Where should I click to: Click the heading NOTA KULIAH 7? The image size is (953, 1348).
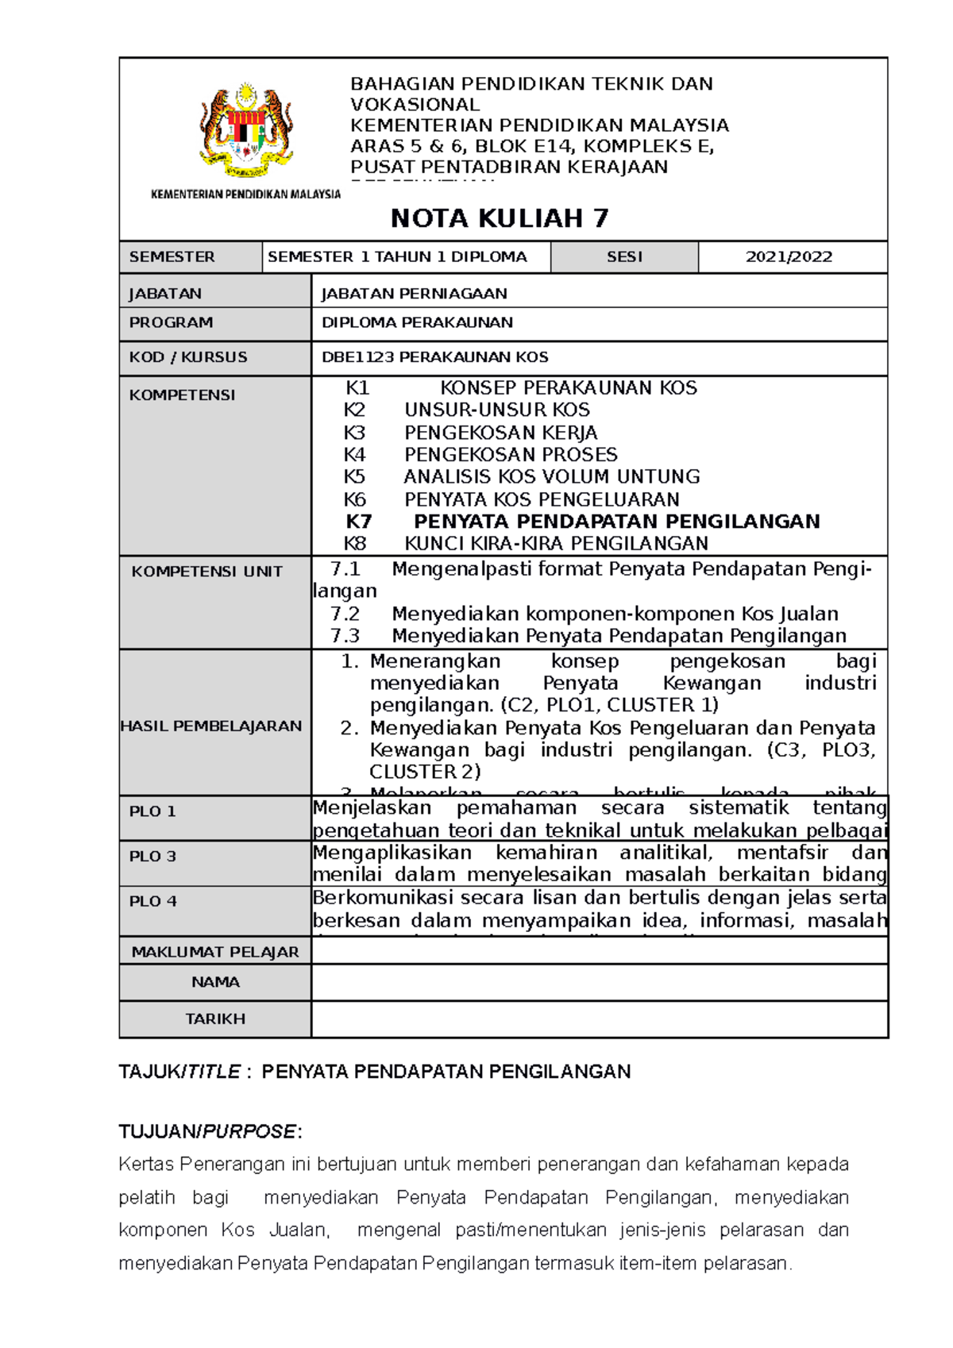[500, 218]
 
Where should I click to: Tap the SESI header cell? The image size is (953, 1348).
[624, 257]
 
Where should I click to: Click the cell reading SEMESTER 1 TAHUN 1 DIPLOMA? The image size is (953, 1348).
[397, 257]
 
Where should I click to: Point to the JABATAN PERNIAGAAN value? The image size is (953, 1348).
[414, 294]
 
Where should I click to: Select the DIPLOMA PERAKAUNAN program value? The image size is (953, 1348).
[417, 323]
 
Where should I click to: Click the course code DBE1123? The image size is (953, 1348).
[357, 357]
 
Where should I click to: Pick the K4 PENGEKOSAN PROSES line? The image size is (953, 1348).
[480, 455]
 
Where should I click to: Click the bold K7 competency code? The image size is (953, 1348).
[359, 522]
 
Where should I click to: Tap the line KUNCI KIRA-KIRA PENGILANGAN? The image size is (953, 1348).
[556, 544]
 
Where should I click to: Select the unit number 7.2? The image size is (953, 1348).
[345, 614]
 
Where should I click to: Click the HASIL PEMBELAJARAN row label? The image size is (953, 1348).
[211, 726]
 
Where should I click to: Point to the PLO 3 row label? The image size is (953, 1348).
[152, 857]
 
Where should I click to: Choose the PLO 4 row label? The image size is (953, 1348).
[152, 901]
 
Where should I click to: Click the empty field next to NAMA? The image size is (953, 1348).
[599, 983]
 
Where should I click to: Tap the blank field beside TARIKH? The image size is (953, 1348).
[599, 1019]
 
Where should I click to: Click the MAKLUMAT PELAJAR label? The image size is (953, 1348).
[215, 952]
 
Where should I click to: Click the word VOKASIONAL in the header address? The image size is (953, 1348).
[415, 105]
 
